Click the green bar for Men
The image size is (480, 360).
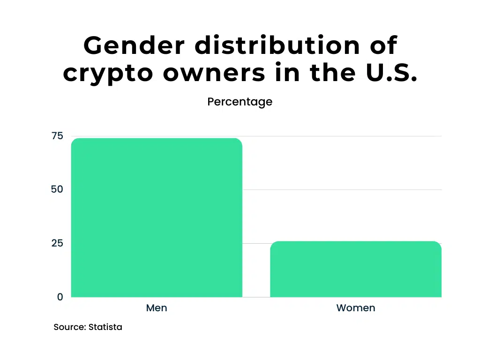(x=157, y=217)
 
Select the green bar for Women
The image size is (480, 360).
(x=356, y=269)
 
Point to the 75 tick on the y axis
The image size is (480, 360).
(x=57, y=136)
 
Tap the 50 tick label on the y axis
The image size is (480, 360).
(x=57, y=189)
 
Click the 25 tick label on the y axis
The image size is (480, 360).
(x=57, y=243)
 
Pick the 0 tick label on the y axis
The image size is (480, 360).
(x=60, y=297)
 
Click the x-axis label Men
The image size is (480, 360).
(x=157, y=308)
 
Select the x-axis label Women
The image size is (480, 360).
(x=356, y=308)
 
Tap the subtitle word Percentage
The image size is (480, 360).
(x=240, y=102)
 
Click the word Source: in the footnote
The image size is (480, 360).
(x=70, y=327)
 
